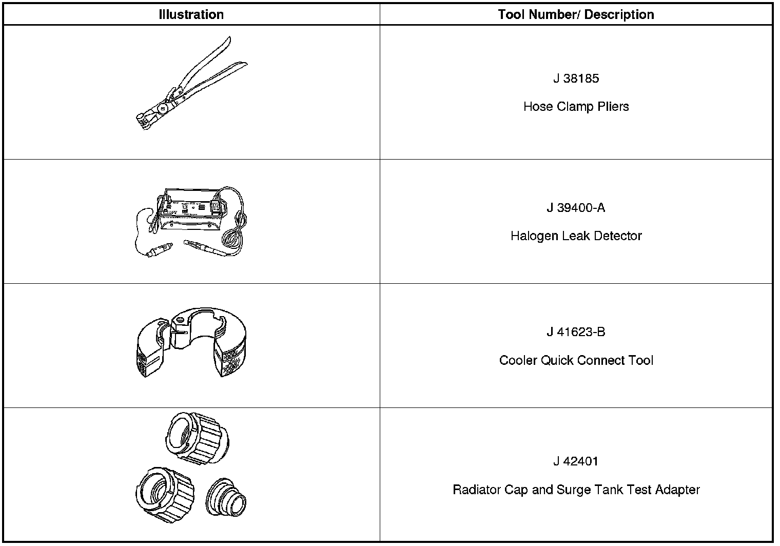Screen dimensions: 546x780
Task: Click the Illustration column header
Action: point(191,14)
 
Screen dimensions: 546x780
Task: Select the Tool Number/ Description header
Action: point(576,14)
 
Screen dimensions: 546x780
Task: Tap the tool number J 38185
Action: point(576,79)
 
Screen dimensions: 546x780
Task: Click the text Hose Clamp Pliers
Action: point(576,107)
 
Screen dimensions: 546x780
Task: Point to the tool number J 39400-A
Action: point(576,208)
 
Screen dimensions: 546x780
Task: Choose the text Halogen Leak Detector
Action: point(576,236)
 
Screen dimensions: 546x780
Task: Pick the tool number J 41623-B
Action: point(576,332)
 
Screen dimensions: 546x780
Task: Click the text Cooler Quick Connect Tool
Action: point(576,360)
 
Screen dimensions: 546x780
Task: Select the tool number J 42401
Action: point(576,461)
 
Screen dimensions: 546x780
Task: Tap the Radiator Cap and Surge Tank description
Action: point(576,490)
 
